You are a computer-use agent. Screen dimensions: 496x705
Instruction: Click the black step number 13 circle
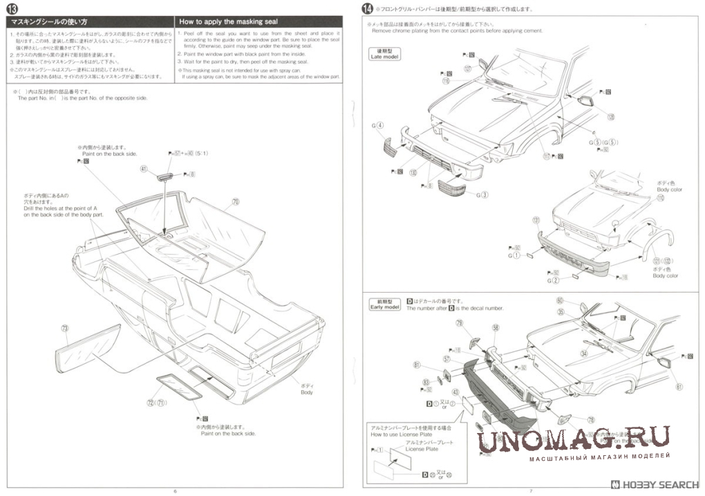12,9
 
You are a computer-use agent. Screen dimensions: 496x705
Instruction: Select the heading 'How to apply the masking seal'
228,22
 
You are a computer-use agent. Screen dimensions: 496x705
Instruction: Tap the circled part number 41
144,168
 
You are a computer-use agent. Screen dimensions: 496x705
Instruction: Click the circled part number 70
236,202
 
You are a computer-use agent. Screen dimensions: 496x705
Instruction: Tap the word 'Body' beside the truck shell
306,392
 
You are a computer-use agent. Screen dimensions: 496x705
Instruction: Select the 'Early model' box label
385,305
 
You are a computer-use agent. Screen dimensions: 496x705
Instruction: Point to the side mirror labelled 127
482,65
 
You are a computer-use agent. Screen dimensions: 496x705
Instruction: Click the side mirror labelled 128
586,101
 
